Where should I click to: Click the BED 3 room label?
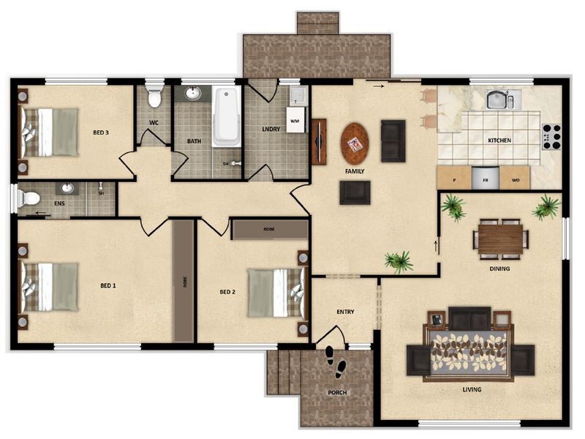[x=101, y=132]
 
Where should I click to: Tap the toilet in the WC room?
[x=154, y=97]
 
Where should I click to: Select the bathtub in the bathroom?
[x=225, y=117]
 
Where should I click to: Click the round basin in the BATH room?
[x=193, y=94]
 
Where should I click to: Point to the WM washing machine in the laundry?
[x=295, y=119]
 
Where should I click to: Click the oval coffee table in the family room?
[x=355, y=143]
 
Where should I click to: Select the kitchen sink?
[x=499, y=99]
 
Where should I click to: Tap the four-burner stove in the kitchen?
[x=551, y=137]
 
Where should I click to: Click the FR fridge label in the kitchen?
[x=484, y=179]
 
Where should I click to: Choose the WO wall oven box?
[x=516, y=179]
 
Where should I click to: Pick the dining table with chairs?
[x=501, y=239]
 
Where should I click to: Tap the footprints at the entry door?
[x=335, y=361]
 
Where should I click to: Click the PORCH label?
[x=337, y=393]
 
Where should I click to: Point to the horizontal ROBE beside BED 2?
[x=269, y=229]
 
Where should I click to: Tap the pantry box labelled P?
[x=454, y=179]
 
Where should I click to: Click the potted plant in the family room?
[x=399, y=260]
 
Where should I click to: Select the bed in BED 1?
[x=50, y=286]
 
